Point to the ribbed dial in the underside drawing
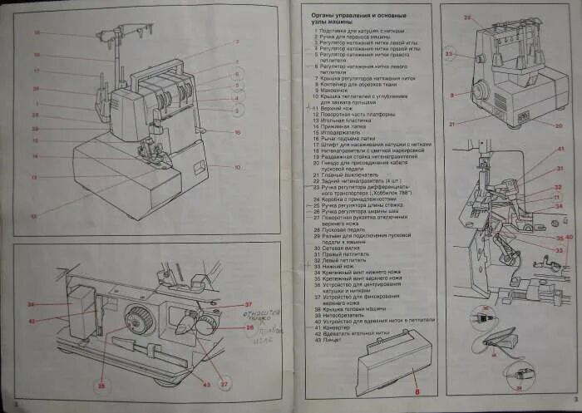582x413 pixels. point(137,318)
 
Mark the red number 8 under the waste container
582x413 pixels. point(417,391)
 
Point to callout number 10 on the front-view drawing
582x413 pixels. point(238,167)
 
